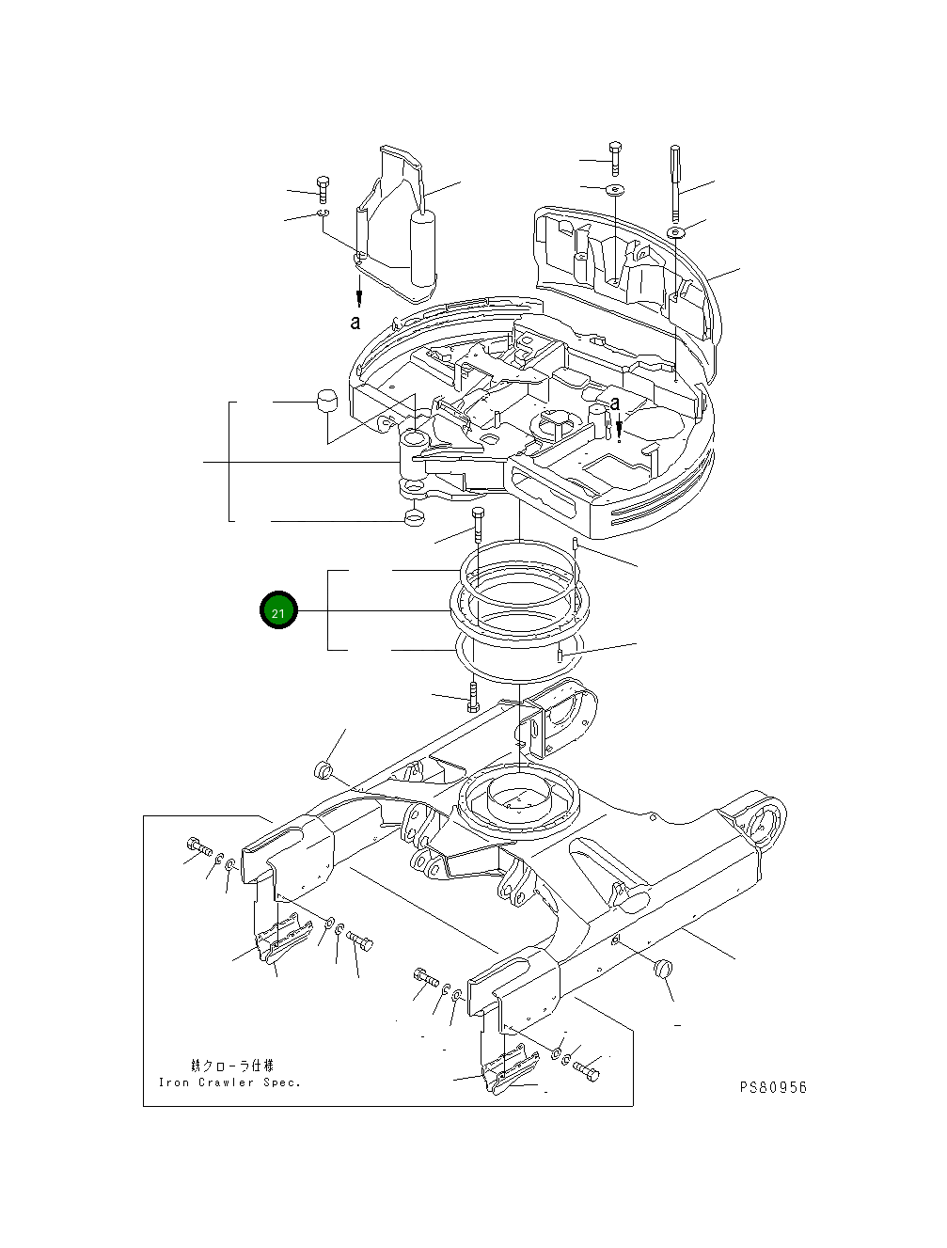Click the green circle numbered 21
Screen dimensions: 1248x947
278,612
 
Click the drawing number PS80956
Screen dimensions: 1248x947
772,1087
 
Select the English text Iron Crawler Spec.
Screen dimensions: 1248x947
230,1082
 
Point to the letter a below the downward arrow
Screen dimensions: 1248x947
355,323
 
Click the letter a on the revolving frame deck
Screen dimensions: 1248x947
615,403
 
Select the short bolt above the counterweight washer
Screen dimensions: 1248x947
615,157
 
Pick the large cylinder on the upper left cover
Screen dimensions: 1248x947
423,246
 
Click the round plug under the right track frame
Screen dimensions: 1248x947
664,967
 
